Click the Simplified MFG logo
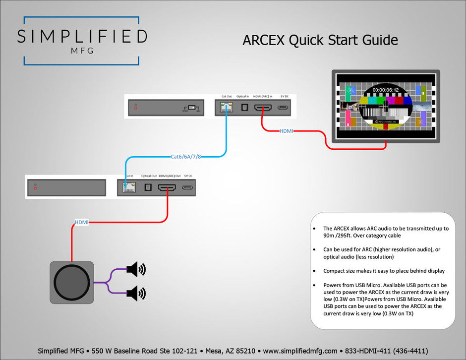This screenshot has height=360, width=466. point(82,41)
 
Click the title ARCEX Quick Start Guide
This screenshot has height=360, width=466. point(320,40)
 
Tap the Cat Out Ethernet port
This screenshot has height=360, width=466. point(227,107)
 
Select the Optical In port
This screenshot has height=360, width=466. point(244,107)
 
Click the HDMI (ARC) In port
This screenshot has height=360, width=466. point(263,108)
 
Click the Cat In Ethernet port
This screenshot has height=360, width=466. point(129,187)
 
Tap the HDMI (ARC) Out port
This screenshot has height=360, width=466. point(167,188)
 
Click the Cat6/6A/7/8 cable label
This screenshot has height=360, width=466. point(186,157)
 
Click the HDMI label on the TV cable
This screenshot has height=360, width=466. point(287,131)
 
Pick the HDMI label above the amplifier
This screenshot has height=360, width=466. point(81,222)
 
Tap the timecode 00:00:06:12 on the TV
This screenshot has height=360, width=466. point(386,90)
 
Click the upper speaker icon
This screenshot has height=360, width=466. point(136,270)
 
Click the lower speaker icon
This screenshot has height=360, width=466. point(136,293)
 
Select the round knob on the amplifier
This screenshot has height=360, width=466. point(72,283)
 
